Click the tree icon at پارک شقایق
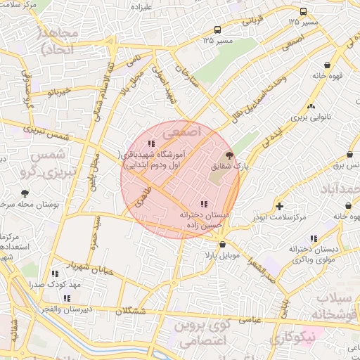tap(229, 155)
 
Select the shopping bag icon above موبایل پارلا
tap(223, 245)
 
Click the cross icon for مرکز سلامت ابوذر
tap(280, 206)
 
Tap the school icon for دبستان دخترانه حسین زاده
tap(203, 204)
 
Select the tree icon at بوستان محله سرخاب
tap(25, 193)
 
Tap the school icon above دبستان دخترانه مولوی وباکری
tap(314, 238)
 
